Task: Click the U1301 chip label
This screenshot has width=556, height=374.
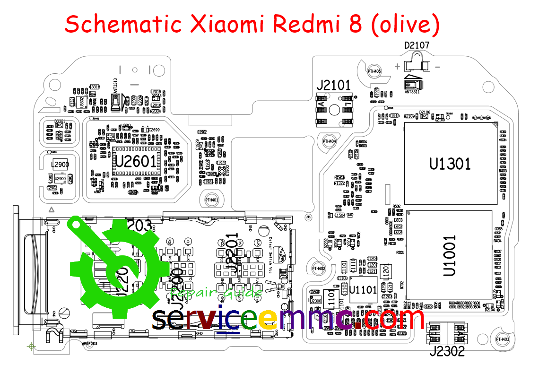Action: click(450, 164)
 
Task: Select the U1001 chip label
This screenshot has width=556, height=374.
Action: click(450, 256)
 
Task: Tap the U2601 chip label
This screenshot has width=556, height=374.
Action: click(136, 162)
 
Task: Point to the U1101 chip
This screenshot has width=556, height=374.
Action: click(363, 288)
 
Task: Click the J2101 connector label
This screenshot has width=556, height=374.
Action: click(333, 86)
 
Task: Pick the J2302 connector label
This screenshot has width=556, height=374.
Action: click(447, 351)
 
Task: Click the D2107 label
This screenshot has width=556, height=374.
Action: click(417, 45)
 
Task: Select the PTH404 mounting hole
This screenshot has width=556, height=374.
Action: click(330, 141)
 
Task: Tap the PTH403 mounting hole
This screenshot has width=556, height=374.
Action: click(502, 339)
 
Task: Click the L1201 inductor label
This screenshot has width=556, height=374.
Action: click(385, 271)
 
